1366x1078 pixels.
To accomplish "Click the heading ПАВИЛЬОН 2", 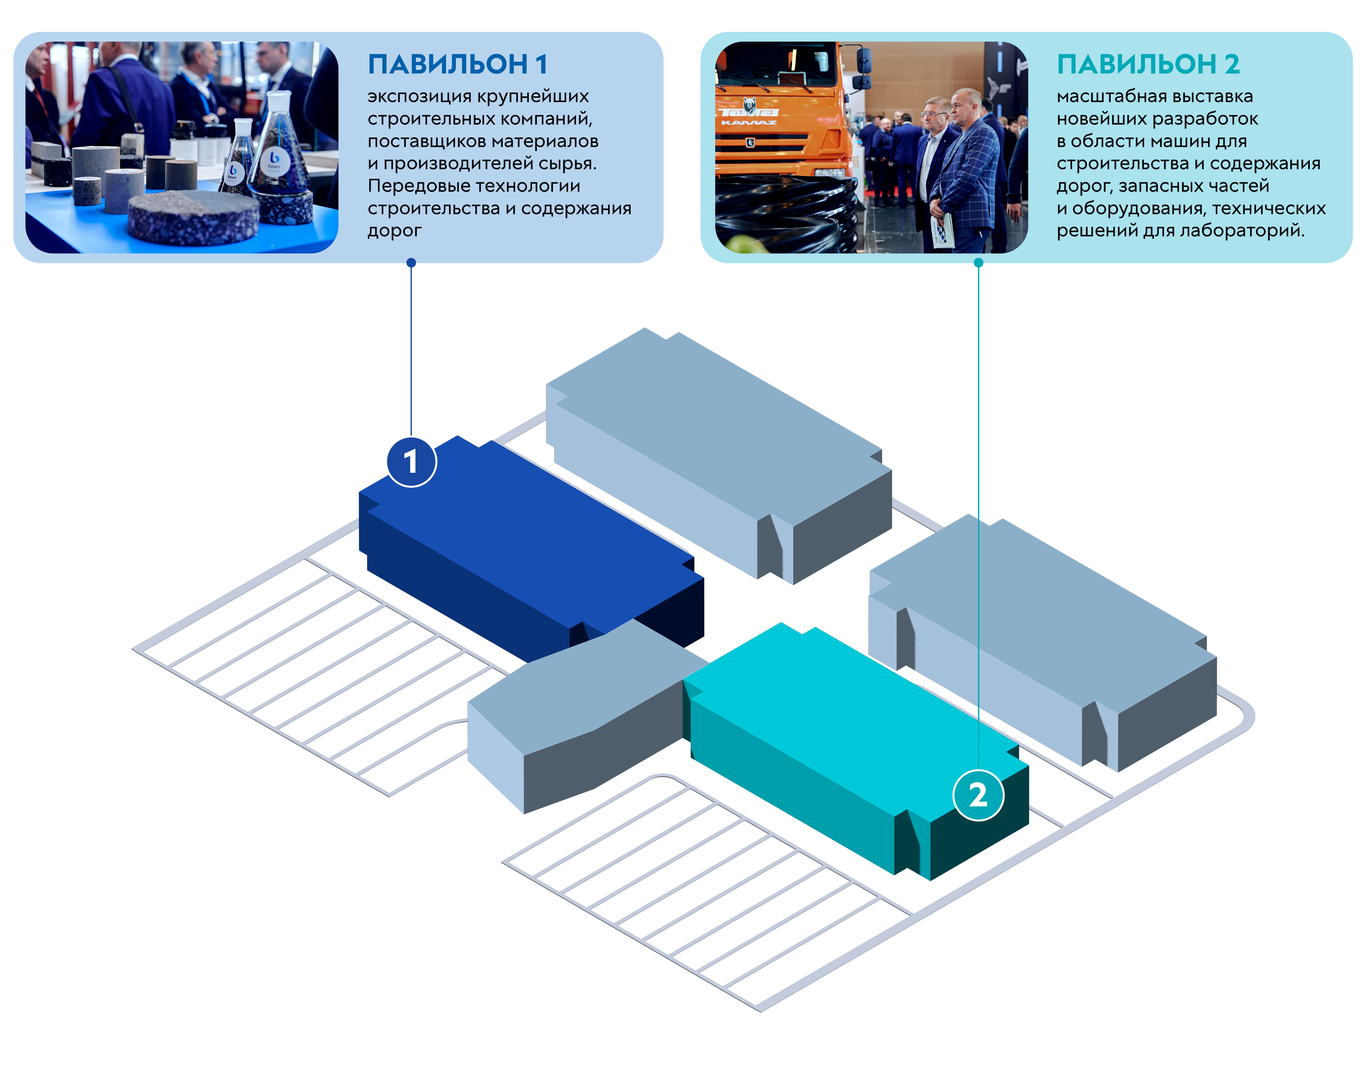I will [1147, 64].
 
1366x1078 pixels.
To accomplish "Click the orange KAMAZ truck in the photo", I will [783, 120].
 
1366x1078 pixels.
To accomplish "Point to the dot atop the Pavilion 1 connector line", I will [411, 263].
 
